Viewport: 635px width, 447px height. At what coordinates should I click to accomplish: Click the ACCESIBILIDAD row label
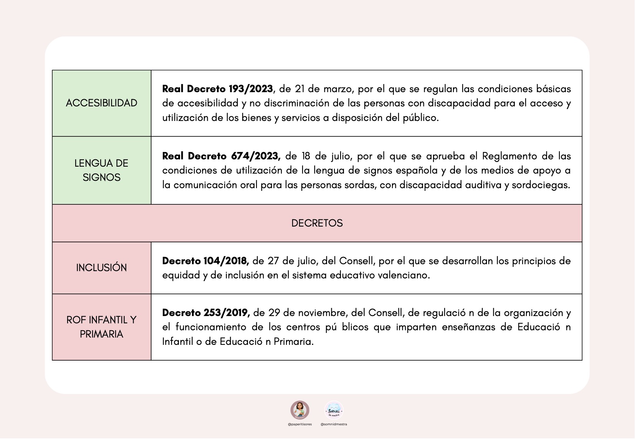tap(101, 103)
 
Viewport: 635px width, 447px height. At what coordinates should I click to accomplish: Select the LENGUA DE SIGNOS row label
tap(101, 170)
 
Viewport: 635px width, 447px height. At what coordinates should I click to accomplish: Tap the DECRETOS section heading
tap(317, 223)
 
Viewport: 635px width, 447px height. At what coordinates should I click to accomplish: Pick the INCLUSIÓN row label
tap(101, 268)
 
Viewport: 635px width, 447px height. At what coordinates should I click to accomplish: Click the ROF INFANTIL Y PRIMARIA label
tap(101, 327)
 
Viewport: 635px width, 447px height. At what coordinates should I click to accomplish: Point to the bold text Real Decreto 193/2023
tap(217, 89)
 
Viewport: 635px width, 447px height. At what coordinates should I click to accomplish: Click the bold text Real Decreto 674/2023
tap(221, 156)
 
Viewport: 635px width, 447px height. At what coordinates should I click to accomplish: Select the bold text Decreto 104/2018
tap(205, 261)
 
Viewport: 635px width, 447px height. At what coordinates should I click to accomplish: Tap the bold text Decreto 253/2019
tap(206, 313)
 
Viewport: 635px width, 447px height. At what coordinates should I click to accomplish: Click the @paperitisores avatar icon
tap(299, 410)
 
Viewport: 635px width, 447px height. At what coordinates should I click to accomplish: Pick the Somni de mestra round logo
tap(334, 410)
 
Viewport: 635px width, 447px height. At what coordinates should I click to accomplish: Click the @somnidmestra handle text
tap(334, 424)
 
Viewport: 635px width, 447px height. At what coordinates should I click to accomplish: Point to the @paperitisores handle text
tap(299, 424)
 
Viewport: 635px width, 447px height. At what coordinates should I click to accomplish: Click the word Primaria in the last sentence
tap(293, 341)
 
